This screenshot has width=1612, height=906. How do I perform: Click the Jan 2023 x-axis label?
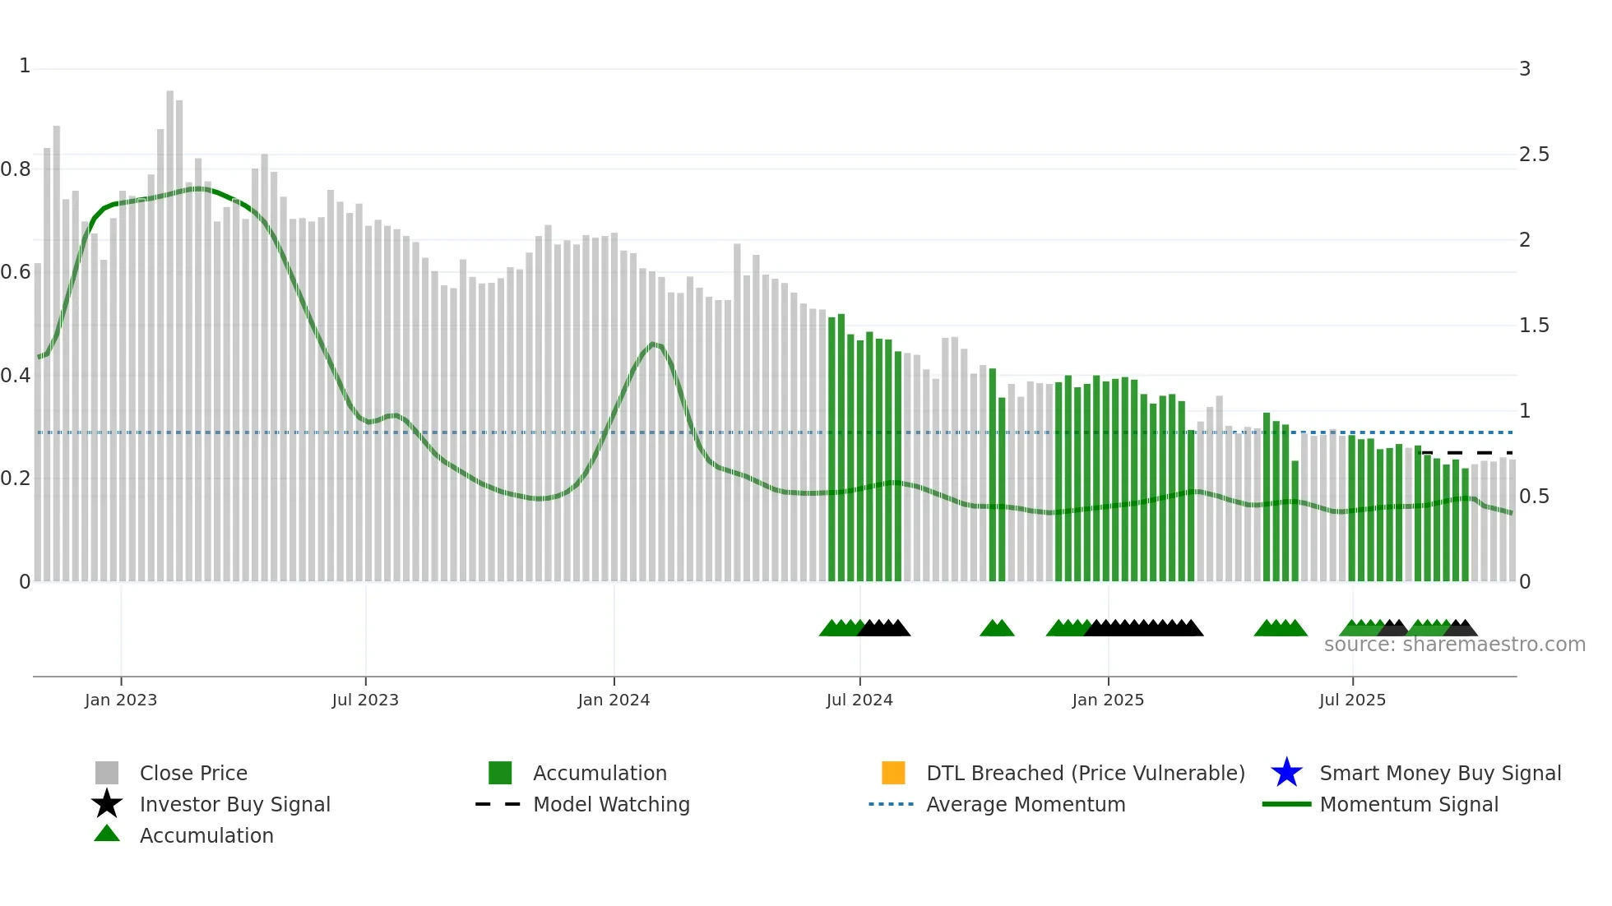click(120, 700)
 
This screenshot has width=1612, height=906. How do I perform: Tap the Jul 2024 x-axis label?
click(859, 700)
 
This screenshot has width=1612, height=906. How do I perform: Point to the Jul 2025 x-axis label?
click(1352, 700)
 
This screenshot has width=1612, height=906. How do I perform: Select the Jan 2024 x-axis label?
click(614, 700)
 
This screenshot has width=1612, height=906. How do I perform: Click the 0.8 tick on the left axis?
click(16, 169)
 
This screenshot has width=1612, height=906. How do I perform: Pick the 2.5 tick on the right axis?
click(1533, 155)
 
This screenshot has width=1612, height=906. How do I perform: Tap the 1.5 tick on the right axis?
click(1533, 326)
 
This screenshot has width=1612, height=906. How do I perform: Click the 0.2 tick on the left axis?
click(16, 478)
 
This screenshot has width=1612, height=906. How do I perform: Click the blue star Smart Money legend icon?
click(1286, 773)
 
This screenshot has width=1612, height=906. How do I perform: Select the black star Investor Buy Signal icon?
click(107, 804)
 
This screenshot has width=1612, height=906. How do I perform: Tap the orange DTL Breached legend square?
click(893, 773)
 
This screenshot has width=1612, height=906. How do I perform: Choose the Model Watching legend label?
click(611, 804)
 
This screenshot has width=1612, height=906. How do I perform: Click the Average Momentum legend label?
click(1026, 804)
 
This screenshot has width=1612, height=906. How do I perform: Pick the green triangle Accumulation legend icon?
click(107, 834)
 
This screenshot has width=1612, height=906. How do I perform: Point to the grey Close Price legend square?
click(107, 773)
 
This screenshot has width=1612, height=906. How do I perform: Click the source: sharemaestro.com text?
click(1454, 645)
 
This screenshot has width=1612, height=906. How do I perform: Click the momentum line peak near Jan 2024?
click(654, 344)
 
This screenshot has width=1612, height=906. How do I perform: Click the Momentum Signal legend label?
click(1408, 804)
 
